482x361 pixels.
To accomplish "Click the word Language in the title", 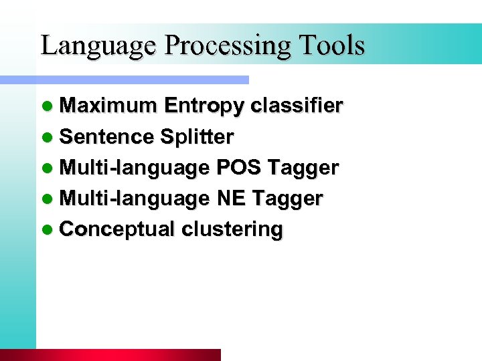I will tap(99, 45).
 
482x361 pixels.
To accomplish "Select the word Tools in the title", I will tap(333, 45).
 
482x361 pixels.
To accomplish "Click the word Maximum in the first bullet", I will tap(108, 106).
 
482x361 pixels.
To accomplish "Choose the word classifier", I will tap(297, 106).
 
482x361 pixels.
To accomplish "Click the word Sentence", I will tap(106, 137).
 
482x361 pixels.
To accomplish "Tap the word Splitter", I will tap(197, 137).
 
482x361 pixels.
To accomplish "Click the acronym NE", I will tap(230, 199).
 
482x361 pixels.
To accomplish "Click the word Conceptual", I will tap(117, 230).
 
